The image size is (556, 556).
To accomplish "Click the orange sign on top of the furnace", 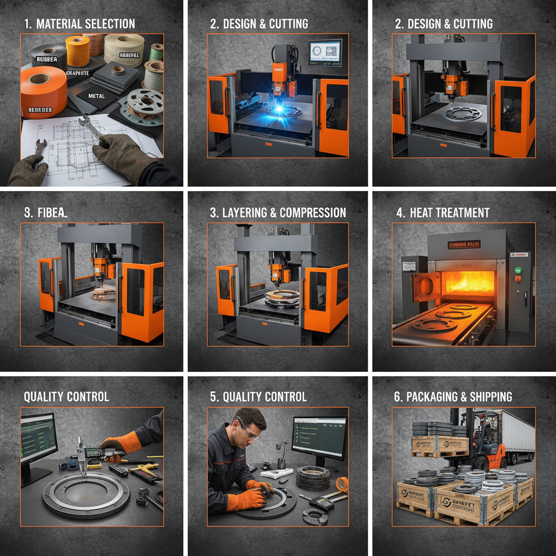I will click(x=464, y=245).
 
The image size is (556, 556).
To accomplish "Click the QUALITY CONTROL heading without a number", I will click(x=66, y=397).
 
